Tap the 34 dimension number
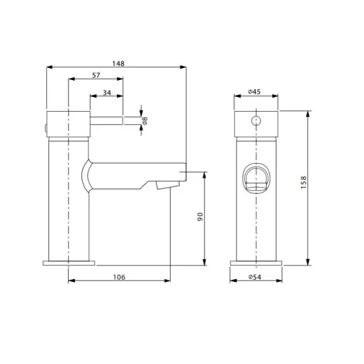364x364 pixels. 107,92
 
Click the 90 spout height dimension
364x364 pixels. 198,217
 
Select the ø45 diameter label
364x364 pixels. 254,92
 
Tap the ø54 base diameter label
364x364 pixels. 255,277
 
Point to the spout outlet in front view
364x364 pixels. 256,180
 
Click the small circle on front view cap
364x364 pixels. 256,119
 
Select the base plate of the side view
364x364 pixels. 69,263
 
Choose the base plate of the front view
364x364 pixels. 256,263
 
